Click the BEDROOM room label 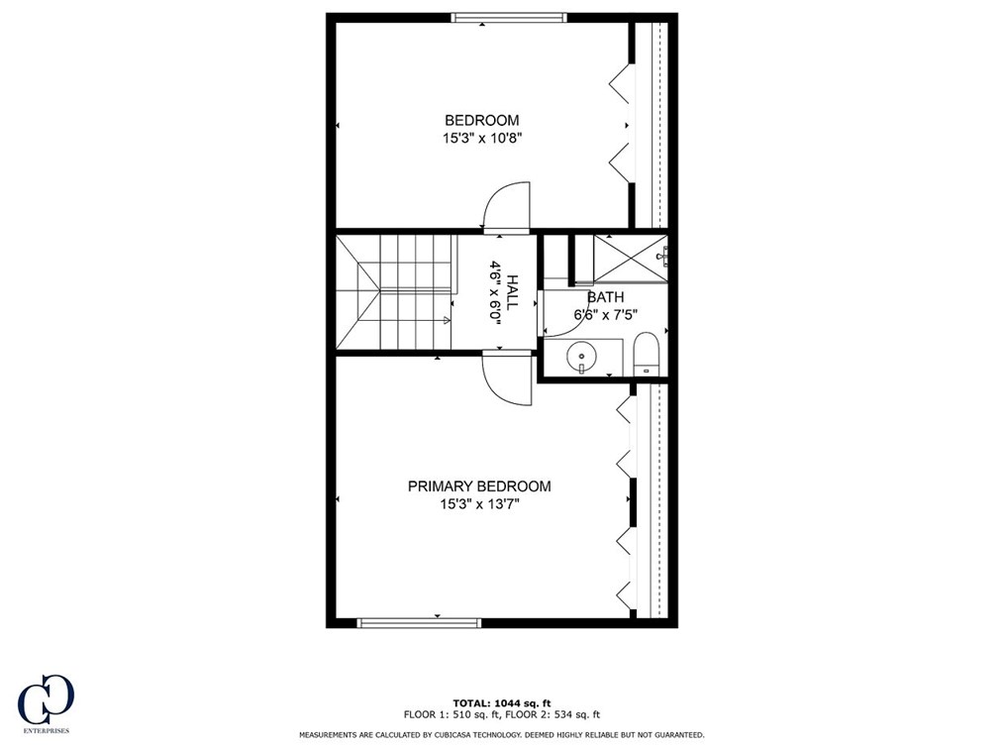pyautogui.click(x=481, y=120)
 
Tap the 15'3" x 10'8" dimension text pyautogui.click(x=481, y=140)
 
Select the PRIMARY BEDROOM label pyautogui.click(x=479, y=486)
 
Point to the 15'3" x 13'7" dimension pyautogui.click(x=479, y=505)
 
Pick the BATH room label pyautogui.click(x=605, y=296)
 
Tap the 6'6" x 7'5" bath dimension pyautogui.click(x=605, y=315)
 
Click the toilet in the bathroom pyautogui.click(x=646, y=355)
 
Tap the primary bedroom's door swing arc pyautogui.click(x=507, y=379)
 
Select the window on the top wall pyautogui.click(x=509, y=17)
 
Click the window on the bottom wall pyautogui.click(x=419, y=623)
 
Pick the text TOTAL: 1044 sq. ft pyautogui.click(x=501, y=701)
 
